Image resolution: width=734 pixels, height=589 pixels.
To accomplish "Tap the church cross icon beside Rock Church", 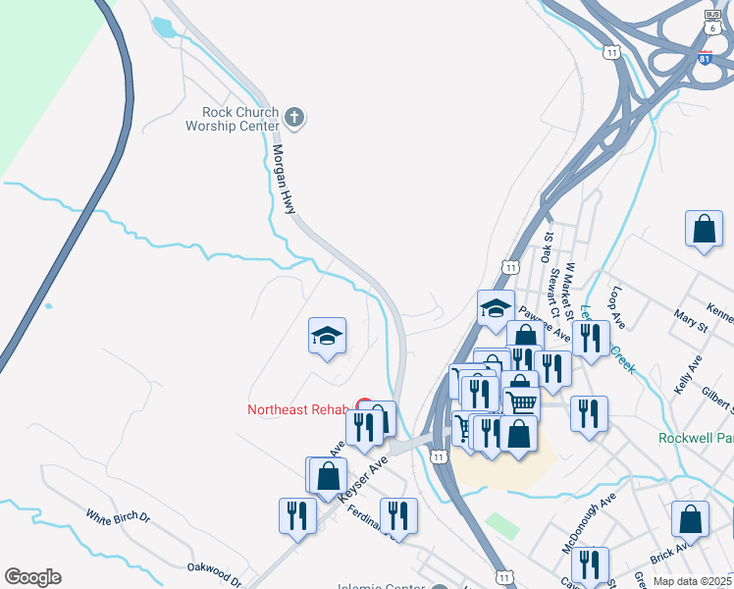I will coord(293,119).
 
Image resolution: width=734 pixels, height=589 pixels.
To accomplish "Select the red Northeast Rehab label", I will coord(298,409).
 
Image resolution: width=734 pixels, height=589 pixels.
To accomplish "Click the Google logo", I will coord(32,576).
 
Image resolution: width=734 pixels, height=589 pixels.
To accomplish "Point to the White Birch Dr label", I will coord(118,515).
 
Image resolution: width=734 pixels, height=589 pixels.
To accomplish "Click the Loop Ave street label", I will coord(617,307).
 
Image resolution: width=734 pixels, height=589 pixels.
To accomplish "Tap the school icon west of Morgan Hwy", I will coord(327,338).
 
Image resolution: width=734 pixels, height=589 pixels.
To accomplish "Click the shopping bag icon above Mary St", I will coord(704,230).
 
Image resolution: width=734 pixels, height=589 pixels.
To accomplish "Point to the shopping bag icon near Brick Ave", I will coord(690,520).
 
